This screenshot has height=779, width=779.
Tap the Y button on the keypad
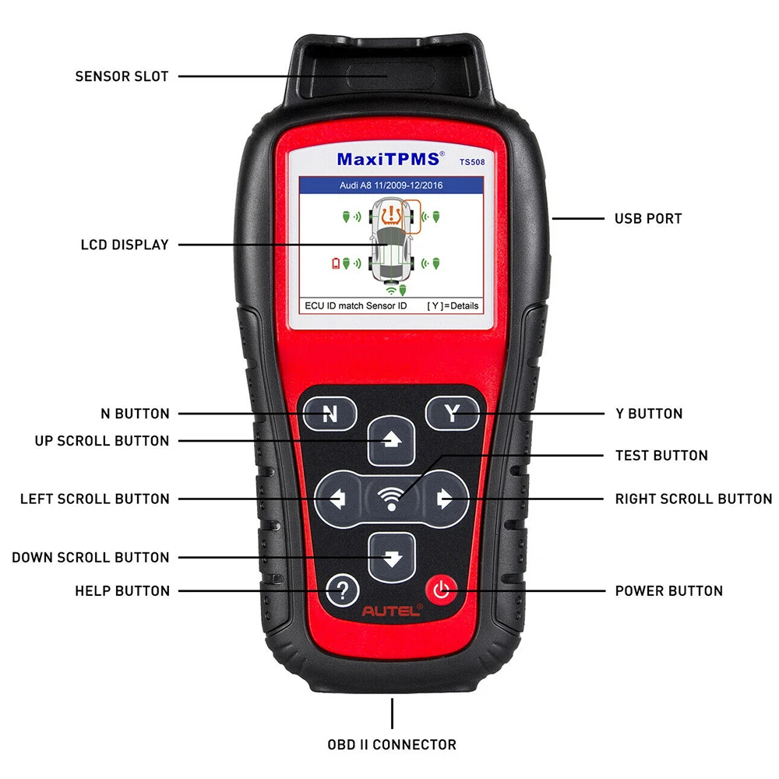452,414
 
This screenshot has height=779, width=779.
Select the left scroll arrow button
338,499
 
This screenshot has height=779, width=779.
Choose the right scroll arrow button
445,499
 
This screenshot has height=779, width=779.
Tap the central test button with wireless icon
391,499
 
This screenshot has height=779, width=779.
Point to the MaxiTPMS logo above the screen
388,159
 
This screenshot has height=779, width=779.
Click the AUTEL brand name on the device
392,612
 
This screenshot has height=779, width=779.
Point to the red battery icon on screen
336,263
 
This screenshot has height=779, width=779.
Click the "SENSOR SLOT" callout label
122,76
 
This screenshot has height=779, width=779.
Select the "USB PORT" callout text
647,218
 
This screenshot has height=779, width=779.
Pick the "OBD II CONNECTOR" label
391,744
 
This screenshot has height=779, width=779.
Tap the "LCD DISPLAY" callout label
125,245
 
